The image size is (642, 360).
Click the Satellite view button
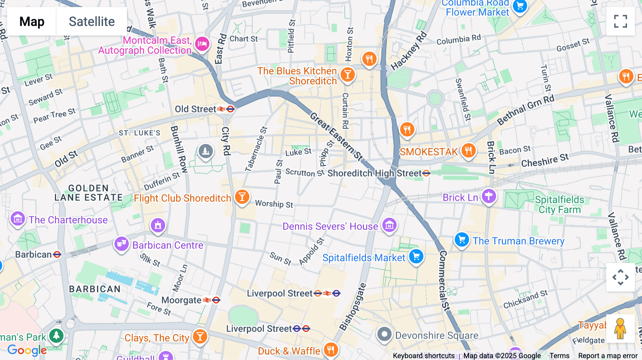(x=92, y=22)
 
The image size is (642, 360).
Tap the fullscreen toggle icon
(x=620, y=21)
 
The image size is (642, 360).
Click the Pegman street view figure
(x=620, y=329)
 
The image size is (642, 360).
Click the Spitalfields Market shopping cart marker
(x=416, y=256)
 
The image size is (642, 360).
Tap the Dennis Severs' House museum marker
(x=389, y=225)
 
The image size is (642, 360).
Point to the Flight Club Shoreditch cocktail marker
(x=242, y=197)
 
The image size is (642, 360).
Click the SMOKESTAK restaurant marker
(x=468, y=150)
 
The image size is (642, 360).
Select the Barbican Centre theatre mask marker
(x=122, y=244)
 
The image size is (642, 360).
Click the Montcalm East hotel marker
(x=202, y=44)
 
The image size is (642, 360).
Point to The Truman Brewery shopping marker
(x=462, y=240)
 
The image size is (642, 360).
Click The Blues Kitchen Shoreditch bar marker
(x=347, y=75)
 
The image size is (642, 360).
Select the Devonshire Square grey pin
(x=384, y=334)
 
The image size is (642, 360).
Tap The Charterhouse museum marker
(x=17, y=218)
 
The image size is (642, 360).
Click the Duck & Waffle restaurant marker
(x=331, y=350)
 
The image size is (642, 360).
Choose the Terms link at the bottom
(x=559, y=355)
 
